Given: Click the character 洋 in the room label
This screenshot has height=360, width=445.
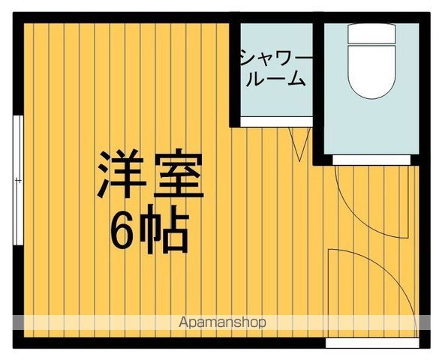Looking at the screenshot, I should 119,175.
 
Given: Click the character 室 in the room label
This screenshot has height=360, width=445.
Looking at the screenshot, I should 178,175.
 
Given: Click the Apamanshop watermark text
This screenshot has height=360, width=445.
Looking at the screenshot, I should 223,322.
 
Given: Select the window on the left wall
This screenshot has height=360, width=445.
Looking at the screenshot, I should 17,180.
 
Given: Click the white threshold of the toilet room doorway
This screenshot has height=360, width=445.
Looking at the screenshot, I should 372,159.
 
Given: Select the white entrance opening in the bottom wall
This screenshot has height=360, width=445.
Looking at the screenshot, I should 372,343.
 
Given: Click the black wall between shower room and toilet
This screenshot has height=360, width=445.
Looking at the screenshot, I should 318,86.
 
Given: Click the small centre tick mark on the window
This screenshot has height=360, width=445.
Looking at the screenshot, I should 17,180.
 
